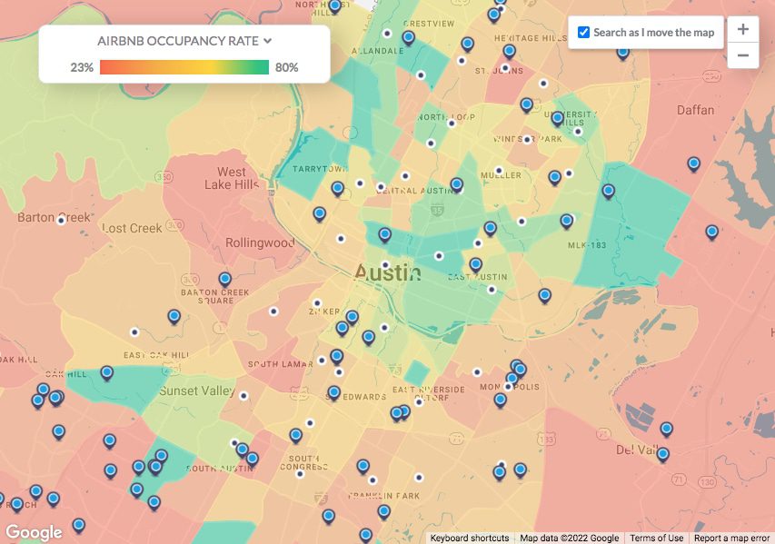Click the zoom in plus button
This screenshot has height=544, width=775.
tap(742, 30)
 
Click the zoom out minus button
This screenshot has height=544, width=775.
tap(742, 55)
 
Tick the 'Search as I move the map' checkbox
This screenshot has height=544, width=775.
tap(583, 33)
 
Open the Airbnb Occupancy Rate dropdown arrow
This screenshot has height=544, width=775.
tap(267, 41)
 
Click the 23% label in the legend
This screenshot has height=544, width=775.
tap(82, 67)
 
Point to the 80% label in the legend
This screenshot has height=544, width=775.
tap(287, 67)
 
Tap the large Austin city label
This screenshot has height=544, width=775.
tap(387, 272)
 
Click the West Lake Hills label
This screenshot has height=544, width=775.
tap(231, 178)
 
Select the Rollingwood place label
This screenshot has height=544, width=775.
tap(260, 242)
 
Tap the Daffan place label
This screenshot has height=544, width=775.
tap(696, 110)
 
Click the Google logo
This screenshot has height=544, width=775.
tap(34, 532)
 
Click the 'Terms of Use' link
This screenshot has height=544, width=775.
tap(656, 538)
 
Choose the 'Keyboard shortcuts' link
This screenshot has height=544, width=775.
tap(470, 538)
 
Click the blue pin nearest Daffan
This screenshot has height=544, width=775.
tap(693, 163)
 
